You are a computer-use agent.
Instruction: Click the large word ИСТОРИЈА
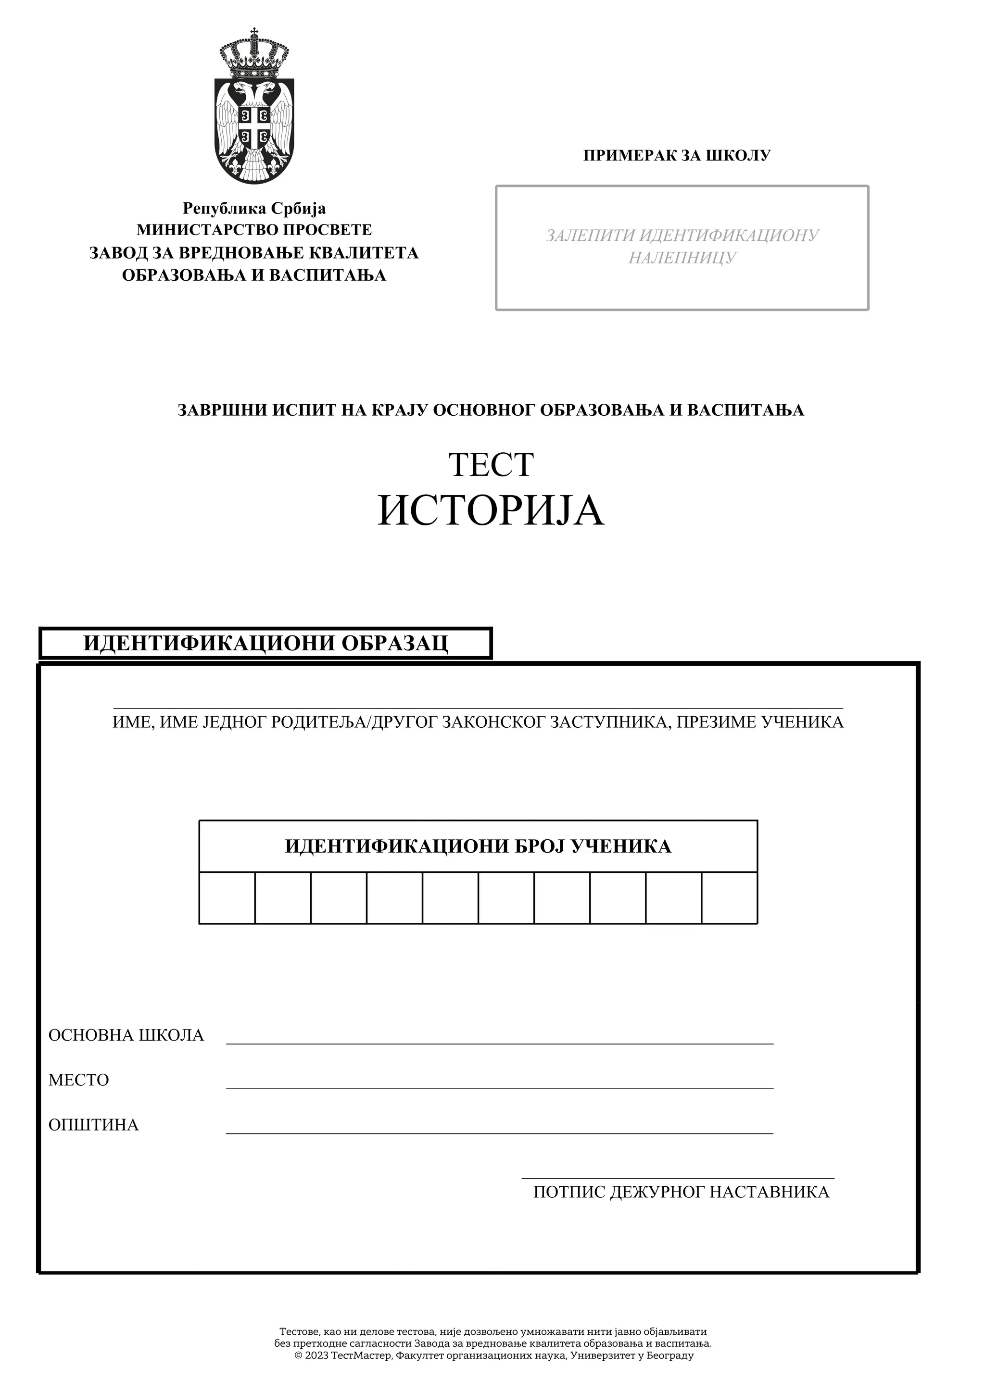[x=491, y=511]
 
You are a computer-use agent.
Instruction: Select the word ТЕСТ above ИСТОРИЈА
[x=491, y=464]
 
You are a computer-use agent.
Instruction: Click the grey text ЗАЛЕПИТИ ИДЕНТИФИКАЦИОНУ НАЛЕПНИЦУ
[x=682, y=246]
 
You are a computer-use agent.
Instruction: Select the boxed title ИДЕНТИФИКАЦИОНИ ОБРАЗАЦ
[x=265, y=643]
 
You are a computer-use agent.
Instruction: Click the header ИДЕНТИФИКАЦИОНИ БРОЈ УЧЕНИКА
[x=478, y=846]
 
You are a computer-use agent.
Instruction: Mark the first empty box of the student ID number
[x=227, y=898]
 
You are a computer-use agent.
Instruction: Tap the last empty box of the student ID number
[x=730, y=898]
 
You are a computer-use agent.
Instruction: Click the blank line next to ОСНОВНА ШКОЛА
[x=500, y=1039]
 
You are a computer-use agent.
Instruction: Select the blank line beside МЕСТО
[x=500, y=1084]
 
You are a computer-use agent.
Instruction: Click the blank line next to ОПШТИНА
[x=500, y=1128]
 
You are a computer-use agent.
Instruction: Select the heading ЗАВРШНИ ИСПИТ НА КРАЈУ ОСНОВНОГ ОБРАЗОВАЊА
[x=491, y=410]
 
